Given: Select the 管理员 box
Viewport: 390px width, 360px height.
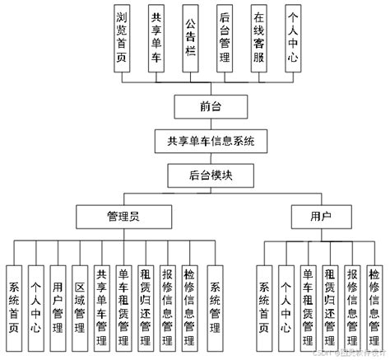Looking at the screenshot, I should coord(124,217).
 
